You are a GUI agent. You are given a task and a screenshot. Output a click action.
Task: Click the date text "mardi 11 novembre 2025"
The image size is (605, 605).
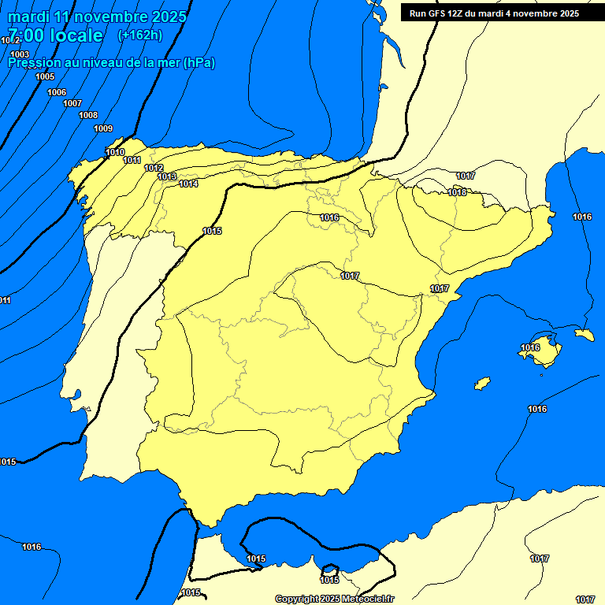click(x=97, y=17)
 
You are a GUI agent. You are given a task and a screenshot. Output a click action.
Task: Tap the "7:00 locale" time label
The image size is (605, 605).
click(x=55, y=35)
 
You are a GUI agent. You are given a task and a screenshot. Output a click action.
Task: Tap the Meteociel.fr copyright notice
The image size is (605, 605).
click(x=335, y=599)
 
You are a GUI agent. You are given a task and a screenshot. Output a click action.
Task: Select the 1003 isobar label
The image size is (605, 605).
click(x=20, y=54)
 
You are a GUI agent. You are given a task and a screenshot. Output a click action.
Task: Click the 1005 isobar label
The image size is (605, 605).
click(x=45, y=76)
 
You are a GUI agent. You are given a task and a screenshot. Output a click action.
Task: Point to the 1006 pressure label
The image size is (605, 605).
click(x=57, y=92)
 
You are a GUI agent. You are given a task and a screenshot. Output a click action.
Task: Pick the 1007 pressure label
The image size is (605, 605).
click(x=72, y=103)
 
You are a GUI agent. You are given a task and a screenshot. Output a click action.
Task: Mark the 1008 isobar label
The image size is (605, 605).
click(x=88, y=116)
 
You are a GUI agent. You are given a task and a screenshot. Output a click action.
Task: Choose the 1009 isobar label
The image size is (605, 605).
click(x=103, y=128)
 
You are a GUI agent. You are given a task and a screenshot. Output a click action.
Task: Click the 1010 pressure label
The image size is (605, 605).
click(x=115, y=152)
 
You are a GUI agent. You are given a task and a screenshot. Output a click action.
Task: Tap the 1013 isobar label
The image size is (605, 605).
click(x=167, y=176)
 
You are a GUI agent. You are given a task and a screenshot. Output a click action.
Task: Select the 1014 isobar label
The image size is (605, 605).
click(x=188, y=184)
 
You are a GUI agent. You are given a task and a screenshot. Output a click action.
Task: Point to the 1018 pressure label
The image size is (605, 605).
click(x=457, y=192)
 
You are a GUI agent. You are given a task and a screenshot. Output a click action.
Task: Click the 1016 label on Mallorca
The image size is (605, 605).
click(x=530, y=347)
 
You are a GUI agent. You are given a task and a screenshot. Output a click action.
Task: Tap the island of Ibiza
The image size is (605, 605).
click(x=482, y=384)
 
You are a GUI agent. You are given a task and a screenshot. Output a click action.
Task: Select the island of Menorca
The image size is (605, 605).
click(x=584, y=335)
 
